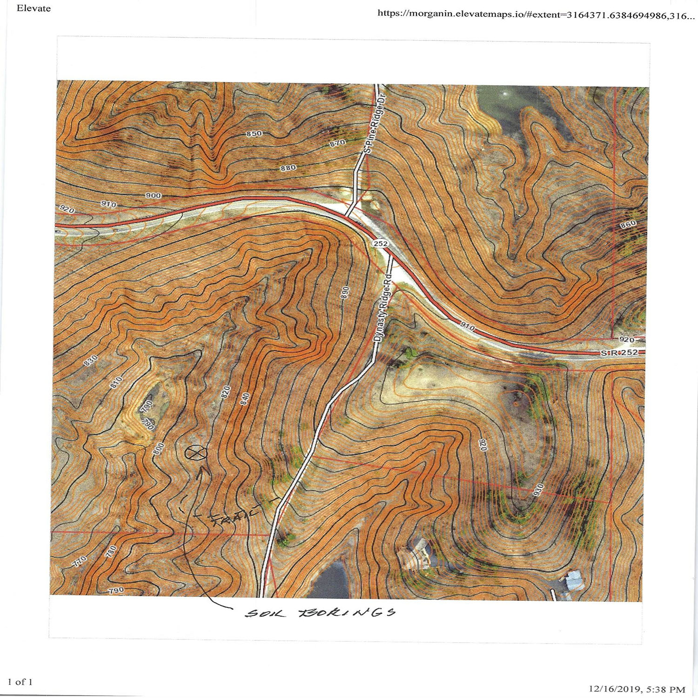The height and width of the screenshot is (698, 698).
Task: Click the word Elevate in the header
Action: (x=34, y=8)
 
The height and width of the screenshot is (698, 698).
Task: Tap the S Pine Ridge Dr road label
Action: (x=375, y=122)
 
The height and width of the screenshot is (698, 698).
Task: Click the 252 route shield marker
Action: (x=380, y=243)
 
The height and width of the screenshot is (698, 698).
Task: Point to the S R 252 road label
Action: (x=619, y=353)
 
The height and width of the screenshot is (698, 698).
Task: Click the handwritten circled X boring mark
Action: (x=196, y=452)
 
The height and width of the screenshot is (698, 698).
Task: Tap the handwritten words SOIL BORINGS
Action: (x=321, y=612)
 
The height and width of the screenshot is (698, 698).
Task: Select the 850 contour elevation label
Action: (x=254, y=134)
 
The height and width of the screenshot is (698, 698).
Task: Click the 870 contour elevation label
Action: (x=337, y=143)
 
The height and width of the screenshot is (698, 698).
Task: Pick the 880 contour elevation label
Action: (x=288, y=168)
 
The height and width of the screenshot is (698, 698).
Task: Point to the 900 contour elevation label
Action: (x=153, y=195)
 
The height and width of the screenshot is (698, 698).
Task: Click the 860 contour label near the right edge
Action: (x=628, y=225)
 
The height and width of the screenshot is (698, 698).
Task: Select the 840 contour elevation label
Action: (x=245, y=399)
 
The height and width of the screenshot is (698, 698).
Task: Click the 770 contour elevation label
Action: (x=80, y=562)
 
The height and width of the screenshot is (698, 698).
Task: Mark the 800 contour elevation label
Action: (x=159, y=449)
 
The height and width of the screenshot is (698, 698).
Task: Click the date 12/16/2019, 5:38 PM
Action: (x=637, y=689)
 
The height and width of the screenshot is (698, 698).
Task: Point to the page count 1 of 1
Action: (x=20, y=682)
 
